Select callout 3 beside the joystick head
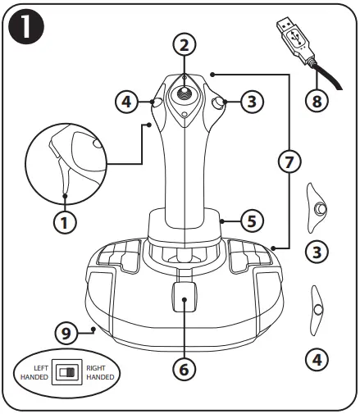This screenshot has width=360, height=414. pyautogui.click(x=253, y=102)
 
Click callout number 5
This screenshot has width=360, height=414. pyautogui.click(x=253, y=220)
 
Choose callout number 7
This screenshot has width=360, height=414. pyautogui.click(x=285, y=162)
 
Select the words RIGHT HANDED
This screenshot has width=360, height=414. pyautogui.click(x=101, y=371)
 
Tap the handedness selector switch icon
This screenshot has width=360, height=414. pyautogui.click(x=66, y=371)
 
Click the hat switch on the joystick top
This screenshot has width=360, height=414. pyautogui.click(x=186, y=95)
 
